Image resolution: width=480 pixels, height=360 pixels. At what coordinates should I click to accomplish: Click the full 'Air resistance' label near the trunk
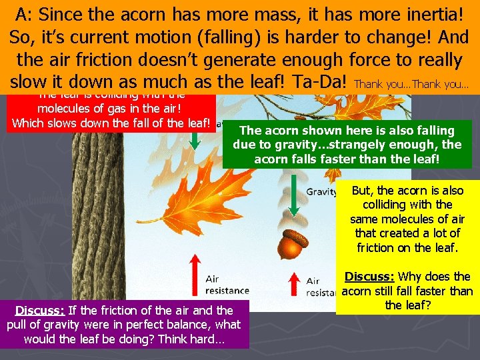[227, 285]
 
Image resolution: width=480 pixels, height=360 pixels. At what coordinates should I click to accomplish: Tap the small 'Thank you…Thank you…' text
[412, 85]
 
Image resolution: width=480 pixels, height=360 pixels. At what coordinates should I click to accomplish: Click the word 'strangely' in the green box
[384, 145]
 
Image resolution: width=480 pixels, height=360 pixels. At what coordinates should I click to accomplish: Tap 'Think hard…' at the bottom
[194, 339]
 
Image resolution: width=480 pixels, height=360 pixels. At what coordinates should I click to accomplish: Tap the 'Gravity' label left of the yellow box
[321, 192]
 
